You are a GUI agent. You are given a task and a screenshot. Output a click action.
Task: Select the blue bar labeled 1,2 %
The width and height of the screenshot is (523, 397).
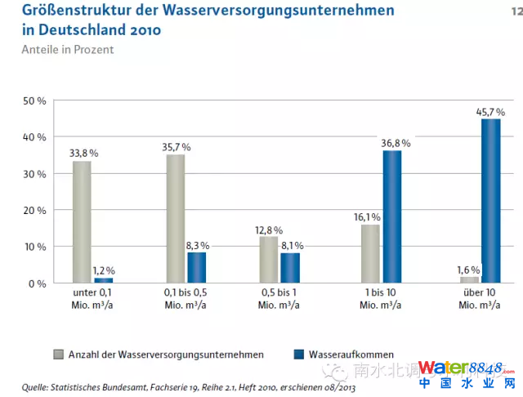[104, 280]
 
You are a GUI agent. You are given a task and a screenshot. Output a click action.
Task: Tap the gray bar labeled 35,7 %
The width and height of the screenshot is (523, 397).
[175, 219]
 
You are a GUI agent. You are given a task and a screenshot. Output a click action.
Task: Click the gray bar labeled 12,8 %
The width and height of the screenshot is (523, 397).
[269, 260]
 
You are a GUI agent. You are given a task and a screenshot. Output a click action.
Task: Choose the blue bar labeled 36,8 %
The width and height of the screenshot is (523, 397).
[393, 216]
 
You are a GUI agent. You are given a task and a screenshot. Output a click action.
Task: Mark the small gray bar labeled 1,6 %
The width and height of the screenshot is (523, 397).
[469, 280]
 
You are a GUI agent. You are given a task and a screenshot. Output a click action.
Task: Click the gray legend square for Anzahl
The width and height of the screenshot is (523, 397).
[59, 355]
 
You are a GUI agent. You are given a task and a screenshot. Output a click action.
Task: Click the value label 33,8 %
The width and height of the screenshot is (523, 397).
[83, 153]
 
